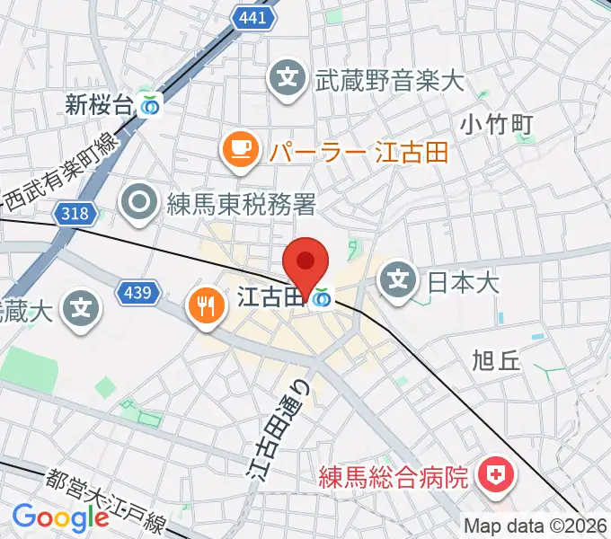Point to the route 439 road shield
pos(139,292)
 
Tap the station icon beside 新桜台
pos(150,106)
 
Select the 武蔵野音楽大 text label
pos(389,81)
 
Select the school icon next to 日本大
pos(397,282)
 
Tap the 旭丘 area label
pos(496,361)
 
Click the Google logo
pos(61,517)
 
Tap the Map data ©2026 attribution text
pos(536,526)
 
